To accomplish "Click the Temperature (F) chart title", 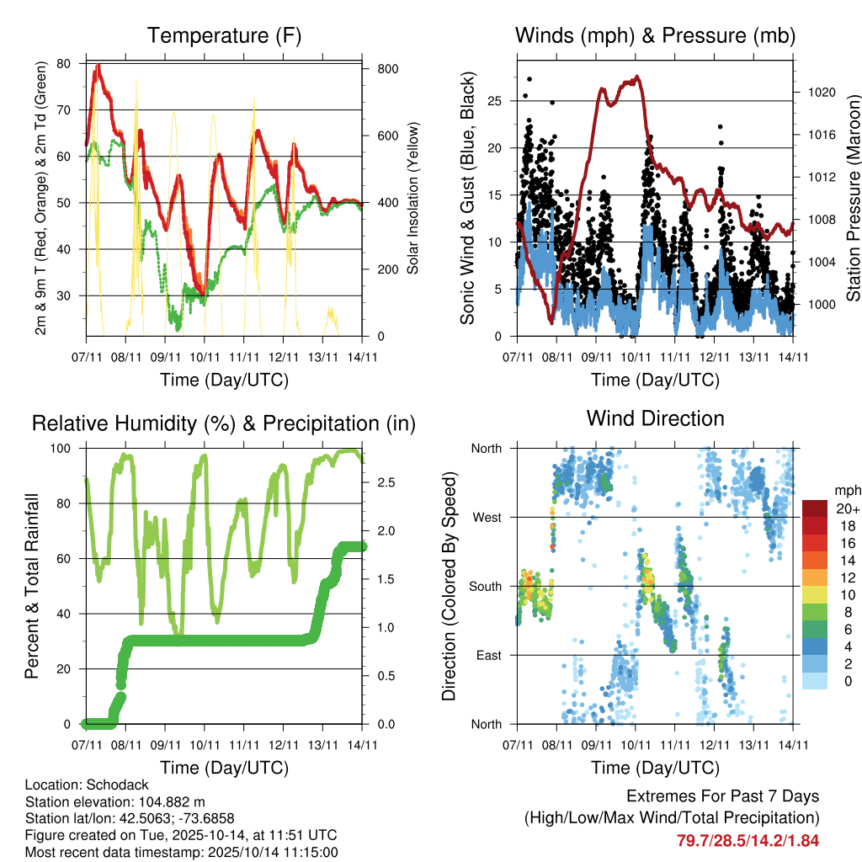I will pos(224,36).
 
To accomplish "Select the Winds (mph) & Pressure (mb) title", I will pos(655,36).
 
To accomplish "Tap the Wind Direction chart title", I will pos(655,418).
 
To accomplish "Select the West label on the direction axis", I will pos(487,518).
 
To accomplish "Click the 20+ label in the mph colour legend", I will pos(845,508).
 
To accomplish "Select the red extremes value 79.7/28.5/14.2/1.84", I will pos(748,840).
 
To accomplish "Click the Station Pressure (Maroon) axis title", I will pos(852,197).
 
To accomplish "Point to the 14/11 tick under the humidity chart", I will pos(363,745).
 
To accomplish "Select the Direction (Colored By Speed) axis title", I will pos(449,586).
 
